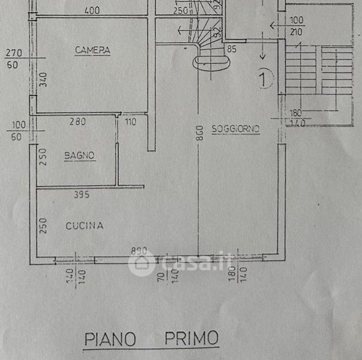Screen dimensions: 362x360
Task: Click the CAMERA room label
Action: click(x=92, y=50)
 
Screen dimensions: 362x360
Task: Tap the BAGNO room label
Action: click(x=80, y=156)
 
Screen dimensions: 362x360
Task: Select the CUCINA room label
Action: click(x=85, y=226)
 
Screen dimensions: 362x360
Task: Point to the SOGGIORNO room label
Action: click(x=235, y=129)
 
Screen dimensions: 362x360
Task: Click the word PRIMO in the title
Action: click(x=192, y=339)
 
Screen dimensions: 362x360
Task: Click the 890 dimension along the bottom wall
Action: click(x=140, y=251)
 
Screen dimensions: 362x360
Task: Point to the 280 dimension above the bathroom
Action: click(x=77, y=121)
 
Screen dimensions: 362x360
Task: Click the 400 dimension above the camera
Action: click(x=92, y=11)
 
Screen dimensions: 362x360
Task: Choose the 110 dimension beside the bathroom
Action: click(x=131, y=122)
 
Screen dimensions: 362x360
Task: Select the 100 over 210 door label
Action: click(x=297, y=26)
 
